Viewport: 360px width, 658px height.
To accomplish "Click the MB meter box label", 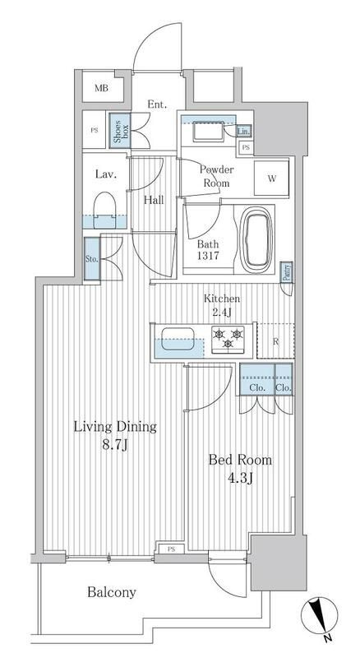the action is [101, 88].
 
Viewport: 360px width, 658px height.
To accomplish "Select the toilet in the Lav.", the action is [104, 211].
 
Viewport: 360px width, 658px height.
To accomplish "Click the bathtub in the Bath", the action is [256, 239].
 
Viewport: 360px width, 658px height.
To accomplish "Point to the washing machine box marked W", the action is [271, 178].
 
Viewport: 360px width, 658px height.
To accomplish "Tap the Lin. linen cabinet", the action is [244, 132].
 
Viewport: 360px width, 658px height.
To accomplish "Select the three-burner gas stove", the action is [228, 339].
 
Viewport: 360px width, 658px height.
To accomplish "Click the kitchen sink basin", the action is [178, 339].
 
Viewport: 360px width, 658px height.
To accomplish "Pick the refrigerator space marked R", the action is [275, 341].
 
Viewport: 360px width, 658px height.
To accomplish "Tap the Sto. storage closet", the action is [92, 259].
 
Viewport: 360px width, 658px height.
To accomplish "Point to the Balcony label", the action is [112, 592].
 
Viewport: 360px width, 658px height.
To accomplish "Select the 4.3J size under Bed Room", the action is [240, 479].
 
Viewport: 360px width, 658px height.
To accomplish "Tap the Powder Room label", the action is [216, 176].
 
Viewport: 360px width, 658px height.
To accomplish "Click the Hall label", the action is [154, 200].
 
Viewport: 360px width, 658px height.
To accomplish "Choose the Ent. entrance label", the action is [157, 104].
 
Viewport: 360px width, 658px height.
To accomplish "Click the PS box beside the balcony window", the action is [170, 549].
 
